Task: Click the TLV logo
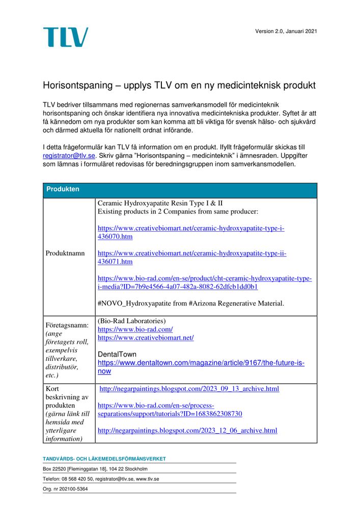[65, 37]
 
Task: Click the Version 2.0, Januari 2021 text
[286, 32]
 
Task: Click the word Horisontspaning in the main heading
[74, 85]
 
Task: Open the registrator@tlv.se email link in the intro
[69, 156]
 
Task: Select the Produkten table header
[63, 189]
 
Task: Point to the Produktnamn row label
[65, 253]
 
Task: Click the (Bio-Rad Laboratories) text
[131, 321]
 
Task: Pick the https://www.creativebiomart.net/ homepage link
[145, 337]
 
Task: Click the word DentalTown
[117, 354]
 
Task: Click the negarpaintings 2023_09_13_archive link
[189, 389]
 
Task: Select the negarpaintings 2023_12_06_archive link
[187, 431]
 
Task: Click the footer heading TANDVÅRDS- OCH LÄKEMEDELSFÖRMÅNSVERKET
[104, 459]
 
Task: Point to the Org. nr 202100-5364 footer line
[65, 489]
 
